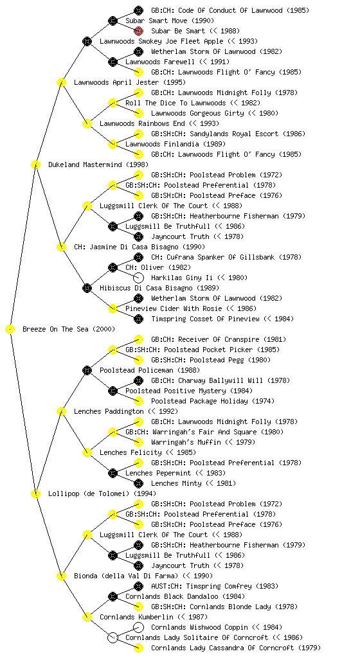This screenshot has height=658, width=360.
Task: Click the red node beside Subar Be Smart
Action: [138, 31]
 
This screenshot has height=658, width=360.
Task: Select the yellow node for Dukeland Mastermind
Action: [35, 165]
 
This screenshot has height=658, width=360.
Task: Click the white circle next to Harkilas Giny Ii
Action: [138, 278]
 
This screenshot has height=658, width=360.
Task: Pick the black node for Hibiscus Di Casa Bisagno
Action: [87, 289]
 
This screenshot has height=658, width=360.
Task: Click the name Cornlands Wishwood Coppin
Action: [199, 627]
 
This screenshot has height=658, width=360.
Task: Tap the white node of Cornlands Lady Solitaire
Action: [113, 637]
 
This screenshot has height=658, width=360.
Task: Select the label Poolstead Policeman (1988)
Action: [150, 371]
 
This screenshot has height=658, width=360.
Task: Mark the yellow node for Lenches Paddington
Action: [61, 412]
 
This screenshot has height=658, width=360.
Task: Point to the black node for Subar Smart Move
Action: [113, 21]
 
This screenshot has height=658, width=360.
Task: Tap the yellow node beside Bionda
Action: [61, 576]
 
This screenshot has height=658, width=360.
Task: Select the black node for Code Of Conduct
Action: [138, 10]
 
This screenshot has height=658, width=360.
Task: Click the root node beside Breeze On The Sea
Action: [10, 330]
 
